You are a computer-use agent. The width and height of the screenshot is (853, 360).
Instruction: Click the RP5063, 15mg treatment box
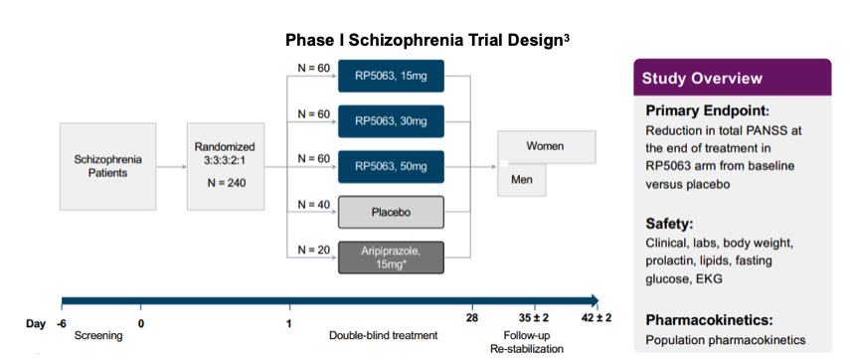(391, 76)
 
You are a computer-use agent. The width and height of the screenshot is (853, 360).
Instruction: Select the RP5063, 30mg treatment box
(391, 121)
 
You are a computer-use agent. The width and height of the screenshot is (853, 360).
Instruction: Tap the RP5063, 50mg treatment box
(391, 166)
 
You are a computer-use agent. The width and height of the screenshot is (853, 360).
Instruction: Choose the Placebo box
(391, 212)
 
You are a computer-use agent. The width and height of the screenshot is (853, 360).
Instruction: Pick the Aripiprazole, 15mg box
(391, 258)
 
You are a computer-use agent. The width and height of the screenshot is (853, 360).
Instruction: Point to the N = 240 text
(227, 183)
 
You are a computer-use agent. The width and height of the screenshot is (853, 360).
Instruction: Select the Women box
(546, 146)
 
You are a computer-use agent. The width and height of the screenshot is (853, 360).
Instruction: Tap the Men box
(522, 179)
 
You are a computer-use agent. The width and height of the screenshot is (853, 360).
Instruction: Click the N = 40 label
(314, 205)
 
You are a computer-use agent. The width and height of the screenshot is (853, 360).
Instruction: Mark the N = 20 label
(314, 251)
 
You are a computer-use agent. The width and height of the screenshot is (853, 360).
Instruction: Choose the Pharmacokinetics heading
(710, 320)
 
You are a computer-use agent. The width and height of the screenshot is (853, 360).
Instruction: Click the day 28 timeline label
(472, 318)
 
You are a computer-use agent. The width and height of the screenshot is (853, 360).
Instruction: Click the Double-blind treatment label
(383, 335)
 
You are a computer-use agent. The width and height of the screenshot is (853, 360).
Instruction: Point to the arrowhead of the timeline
(595, 300)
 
